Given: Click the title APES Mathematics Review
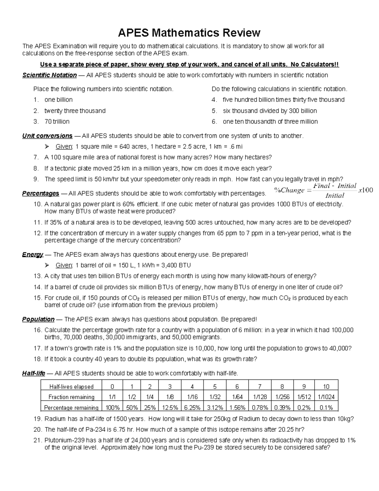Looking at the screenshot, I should coord(189,32).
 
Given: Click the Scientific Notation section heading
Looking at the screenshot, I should coord(49,75).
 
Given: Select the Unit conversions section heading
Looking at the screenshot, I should coord(47,136).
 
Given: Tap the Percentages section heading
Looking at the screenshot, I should coord(40,193).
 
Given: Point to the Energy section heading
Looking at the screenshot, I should coord(33,255).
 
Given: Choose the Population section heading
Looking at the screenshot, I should coord(38,319).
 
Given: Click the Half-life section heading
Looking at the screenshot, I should coord(33,373).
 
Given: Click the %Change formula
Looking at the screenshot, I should coord(323,190).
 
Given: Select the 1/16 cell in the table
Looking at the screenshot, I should coord(192,397).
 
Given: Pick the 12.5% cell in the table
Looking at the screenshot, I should coord(170,408).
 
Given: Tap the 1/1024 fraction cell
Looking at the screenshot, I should coord(326,397).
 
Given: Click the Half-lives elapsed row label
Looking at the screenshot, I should coord(71,387).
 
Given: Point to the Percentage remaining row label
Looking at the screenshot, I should coord(71,408).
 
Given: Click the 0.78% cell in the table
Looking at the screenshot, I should coord(260,408).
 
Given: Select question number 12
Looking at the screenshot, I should coord(38,233).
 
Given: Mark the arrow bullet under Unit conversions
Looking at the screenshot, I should coord(47,147).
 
